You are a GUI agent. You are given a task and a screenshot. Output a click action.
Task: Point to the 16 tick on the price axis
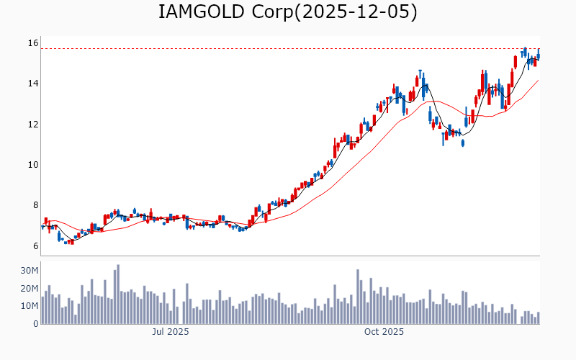click(x=33, y=43)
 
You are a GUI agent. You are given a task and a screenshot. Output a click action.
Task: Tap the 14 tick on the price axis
click(x=33, y=84)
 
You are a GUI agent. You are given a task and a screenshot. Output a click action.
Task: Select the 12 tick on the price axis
click(x=33, y=124)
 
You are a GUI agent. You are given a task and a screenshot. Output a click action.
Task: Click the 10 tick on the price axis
click(x=33, y=165)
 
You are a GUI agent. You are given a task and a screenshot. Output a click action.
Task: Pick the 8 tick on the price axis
click(x=34, y=205)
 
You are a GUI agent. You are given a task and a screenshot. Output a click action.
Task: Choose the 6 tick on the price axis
click(x=34, y=246)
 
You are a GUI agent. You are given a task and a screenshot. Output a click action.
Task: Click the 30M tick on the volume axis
click(x=30, y=271)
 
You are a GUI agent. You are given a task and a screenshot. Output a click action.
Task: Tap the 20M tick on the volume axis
click(x=30, y=289)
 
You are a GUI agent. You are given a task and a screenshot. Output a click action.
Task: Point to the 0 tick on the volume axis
click(x=35, y=324)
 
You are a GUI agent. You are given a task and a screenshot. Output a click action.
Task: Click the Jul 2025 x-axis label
click(x=171, y=332)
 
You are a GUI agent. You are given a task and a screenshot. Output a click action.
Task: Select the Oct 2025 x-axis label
click(x=384, y=332)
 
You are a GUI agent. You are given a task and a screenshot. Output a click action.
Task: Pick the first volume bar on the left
click(x=42, y=310)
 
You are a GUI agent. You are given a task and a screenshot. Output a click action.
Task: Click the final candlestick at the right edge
click(x=538, y=55)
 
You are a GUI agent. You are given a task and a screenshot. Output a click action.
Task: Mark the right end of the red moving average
click(x=538, y=81)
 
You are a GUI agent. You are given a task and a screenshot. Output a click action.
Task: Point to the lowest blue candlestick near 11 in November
click(x=463, y=143)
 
